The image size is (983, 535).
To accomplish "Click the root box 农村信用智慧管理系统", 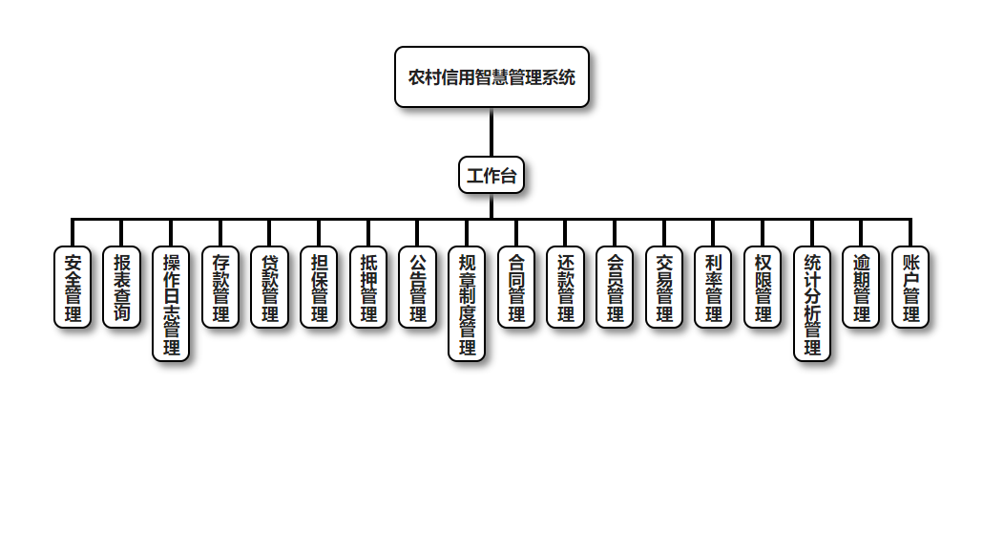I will click(491, 77).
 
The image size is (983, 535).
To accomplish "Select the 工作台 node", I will click(491, 175).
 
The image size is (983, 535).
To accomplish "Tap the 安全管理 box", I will click(73, 287).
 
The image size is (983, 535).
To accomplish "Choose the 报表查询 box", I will click(122, 287).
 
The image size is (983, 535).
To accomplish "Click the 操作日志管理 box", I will click(172, 304).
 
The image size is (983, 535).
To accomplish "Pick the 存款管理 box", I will click(220, 287).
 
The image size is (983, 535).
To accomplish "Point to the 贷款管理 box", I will click(270, 287).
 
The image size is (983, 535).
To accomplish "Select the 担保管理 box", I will click(320, 287).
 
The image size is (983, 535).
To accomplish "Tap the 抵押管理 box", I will click(368, 287).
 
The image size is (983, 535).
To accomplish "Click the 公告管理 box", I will click(418, 287).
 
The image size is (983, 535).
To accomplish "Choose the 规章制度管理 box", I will click(468, 304).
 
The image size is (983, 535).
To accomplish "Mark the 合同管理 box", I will click(516, 287).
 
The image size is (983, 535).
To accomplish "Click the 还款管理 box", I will click(566, 287).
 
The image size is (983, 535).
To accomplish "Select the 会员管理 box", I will click(616, 287).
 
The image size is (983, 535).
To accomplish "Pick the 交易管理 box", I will click(664, 287).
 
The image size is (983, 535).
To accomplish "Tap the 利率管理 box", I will click(714, 287).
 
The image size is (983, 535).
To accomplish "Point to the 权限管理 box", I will click(763, 287).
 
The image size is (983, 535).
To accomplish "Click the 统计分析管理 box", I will click(812, 304).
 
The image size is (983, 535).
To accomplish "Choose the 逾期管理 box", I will click(862, 287).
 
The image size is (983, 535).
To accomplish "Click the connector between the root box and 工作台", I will click(491, 132).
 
